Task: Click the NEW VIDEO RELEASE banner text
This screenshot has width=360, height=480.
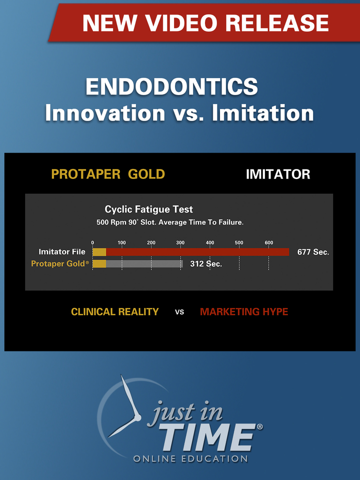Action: tap(205, 23)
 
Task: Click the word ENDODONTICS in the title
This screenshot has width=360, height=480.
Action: tap(171, 87)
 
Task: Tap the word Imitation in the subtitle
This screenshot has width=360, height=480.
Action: tap(263, 113)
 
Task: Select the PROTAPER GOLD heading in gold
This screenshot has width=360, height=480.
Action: tap(108, 174)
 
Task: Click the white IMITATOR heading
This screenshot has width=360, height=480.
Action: tap(278, 174)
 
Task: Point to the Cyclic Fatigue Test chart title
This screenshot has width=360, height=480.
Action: tap(148, 209)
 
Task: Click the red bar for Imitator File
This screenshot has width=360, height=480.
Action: tap(197, 252)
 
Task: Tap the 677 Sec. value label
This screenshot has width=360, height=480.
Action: tap(313, 252)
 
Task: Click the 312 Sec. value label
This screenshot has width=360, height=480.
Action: tap(206, 263)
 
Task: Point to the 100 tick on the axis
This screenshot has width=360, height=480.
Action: tap(121, 243)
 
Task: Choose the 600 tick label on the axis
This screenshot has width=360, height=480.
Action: tap(269, 243)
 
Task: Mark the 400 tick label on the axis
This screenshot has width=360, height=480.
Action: tap(210, 243)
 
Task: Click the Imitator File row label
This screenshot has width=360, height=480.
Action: tap(62, 252)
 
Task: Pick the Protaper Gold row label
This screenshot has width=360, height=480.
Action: tap(60, 263)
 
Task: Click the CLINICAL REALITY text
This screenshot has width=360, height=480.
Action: tap(115, 312)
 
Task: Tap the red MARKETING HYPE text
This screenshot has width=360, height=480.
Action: tap(244, 312)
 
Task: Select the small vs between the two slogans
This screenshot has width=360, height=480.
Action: tap(179, 312)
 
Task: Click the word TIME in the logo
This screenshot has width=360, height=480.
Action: tap(207, 437)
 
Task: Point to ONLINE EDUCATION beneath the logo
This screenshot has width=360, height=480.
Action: tap(190, 458)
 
